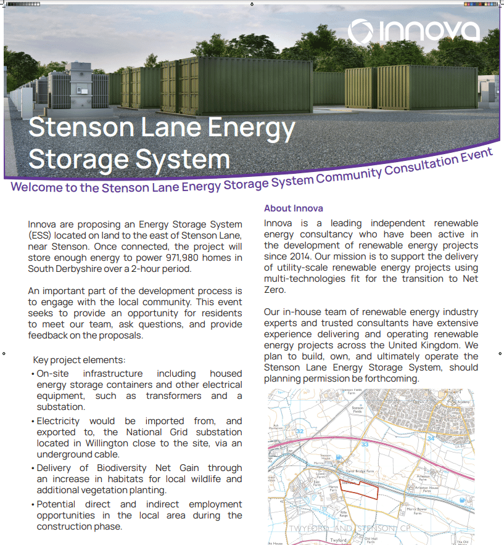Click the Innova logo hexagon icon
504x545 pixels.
(362, 31)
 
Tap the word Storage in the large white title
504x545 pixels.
(77, 159)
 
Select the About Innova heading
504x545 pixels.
(294, 208)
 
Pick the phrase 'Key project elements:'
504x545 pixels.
(79, 360)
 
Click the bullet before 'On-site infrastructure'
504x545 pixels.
(32, 374)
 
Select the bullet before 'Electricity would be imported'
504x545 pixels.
(32, 422)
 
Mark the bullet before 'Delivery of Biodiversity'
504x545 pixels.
(32, 469)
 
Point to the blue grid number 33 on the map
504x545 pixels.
(365, 443)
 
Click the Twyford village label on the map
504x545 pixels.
(338, 540)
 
